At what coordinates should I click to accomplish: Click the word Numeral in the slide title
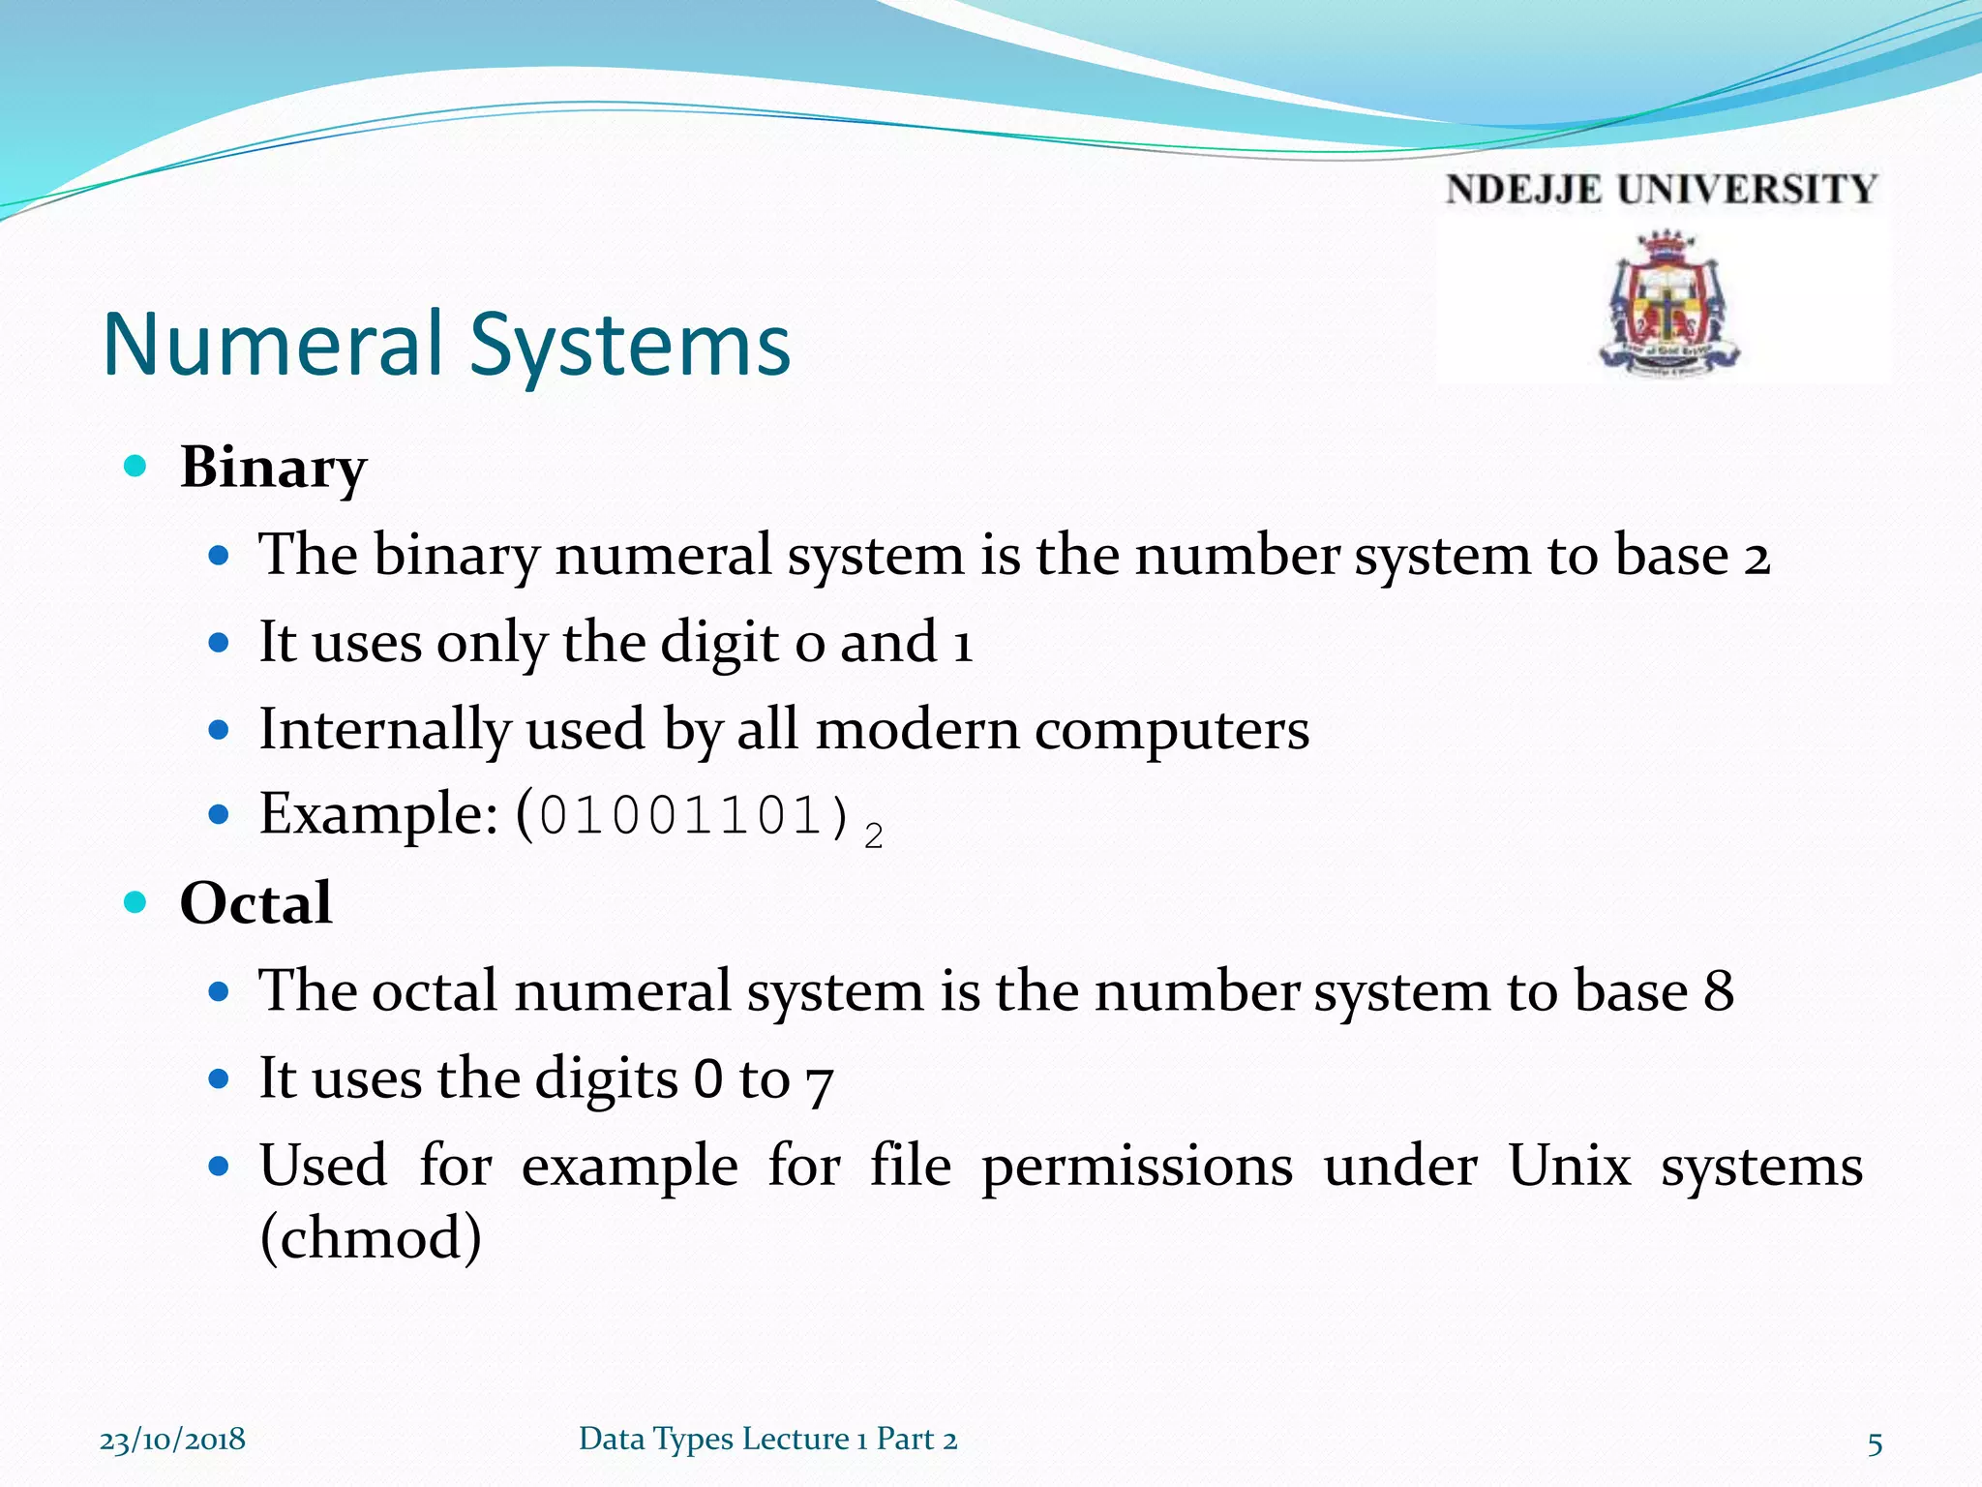tap(273, 345)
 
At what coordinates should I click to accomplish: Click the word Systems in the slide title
tap(630, 347)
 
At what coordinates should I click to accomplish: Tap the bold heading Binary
tap(273, 469)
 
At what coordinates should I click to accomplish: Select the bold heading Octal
tap(255, 903)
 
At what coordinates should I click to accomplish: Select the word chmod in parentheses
tap(371, 1238)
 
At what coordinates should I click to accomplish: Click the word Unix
tap(1569, 1166)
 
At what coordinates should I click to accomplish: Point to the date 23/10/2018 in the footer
tap(172, 1440)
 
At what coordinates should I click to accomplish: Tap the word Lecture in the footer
tap(795, 1439)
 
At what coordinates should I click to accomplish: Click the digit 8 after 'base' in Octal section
tap(1718, 990)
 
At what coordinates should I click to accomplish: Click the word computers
tap(1171, 729)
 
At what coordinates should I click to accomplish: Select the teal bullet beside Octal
tap(135, 902)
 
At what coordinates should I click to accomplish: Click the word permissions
tap(1136, 1166)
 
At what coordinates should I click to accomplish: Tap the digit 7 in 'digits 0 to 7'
tap(819, 1082)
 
